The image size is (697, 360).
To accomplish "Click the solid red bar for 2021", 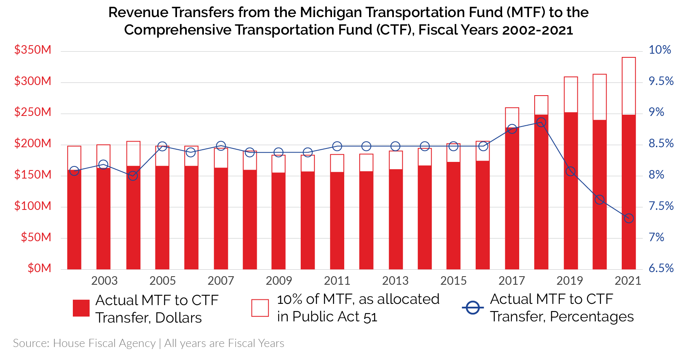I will coord(629,191).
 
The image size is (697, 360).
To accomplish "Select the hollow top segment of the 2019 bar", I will coord(570,94).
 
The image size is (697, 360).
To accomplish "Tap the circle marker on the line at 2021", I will coord(629,218).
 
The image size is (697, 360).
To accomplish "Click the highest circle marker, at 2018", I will coord(541,122).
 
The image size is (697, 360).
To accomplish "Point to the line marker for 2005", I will coord(162,146).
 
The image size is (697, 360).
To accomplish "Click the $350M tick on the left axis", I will coord(33,50).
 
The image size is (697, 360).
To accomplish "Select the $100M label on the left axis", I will coord(33,206).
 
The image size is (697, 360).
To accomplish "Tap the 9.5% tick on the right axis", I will coord(661,81).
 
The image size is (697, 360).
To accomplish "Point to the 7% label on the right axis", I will coord(656,237).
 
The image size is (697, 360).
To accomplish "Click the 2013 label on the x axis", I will coord(395,281).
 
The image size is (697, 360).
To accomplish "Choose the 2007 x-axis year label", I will coord(221,281).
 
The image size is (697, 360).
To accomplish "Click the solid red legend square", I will coord(81,308).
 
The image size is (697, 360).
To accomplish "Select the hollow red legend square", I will coord(260,308).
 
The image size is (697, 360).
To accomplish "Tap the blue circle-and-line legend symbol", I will coord(473,308).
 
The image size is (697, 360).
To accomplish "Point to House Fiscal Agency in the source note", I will coord(104,343).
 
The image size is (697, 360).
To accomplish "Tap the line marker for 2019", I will coord(570,171).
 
